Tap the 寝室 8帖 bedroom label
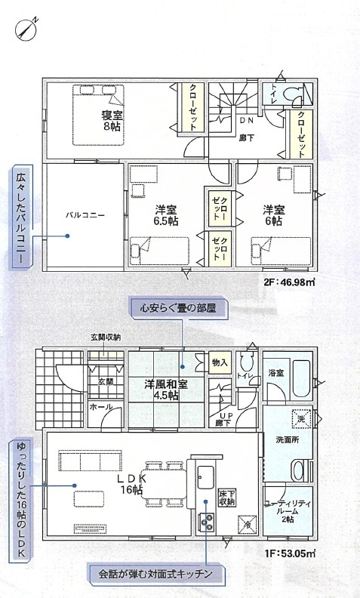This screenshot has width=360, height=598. click(x=111, y=121)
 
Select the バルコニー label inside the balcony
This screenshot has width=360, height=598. click(x=85, y=215)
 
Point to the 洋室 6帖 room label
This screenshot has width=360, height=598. click(x=273, y=215)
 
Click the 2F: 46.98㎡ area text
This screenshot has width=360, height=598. click(x=289, y=282)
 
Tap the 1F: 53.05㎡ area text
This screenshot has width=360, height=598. click(x=290, y=553)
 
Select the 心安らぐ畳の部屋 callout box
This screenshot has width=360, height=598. click(x=178, y=308)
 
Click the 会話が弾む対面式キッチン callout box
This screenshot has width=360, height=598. click(x=155, y=574)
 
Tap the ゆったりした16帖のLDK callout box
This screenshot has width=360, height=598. click(x=22, y=499)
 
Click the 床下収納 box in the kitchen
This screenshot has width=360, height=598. click(x=227, y=498)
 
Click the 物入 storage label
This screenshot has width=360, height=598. click(x=220, y=362)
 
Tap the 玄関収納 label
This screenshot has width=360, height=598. click(x=105, y=338)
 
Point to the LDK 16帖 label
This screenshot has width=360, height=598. click(x=132, y=484)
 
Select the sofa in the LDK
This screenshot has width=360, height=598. click(x=91, y=461)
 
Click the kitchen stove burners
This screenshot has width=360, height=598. click(x=206, y=522)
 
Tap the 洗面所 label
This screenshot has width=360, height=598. click(x=287, y=439)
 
